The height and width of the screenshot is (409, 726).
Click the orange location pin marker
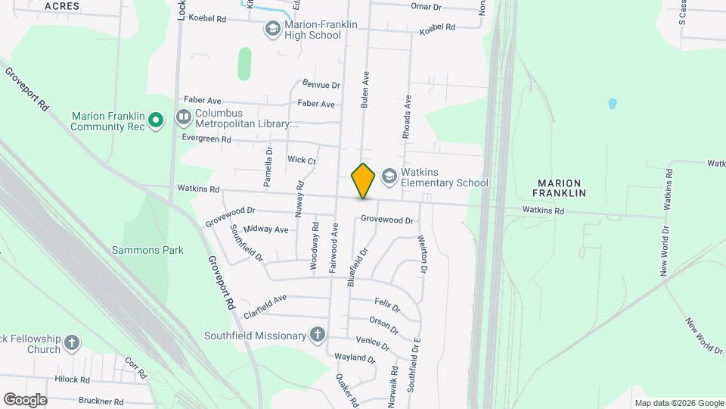(x=364, y=181)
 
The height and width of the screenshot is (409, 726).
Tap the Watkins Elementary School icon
(x=389, y=176)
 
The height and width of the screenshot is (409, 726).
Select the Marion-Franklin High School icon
(x=272, y=29)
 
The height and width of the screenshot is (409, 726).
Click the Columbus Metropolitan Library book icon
(x=184, y=117)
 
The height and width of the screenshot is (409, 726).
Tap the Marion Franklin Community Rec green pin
(x=156, y=120)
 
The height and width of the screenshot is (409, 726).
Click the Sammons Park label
(x=148, y=250)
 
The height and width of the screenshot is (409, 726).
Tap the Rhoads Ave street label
(x=407, y=116)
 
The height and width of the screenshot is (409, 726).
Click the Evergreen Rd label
(x=206, y=139)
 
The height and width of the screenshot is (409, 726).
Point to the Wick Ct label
(x=302, y=160)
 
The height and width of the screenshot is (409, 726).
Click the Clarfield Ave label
(x=265, y=306)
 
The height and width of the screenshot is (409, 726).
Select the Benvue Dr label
(x=321, y=86)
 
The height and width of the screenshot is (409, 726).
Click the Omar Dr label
(x=426, y=6)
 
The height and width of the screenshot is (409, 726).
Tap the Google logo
(x=25, y=400)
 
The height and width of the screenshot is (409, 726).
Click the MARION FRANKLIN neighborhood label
(x=561, y=188)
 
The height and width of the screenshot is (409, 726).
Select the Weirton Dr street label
(x=423, y=253)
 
